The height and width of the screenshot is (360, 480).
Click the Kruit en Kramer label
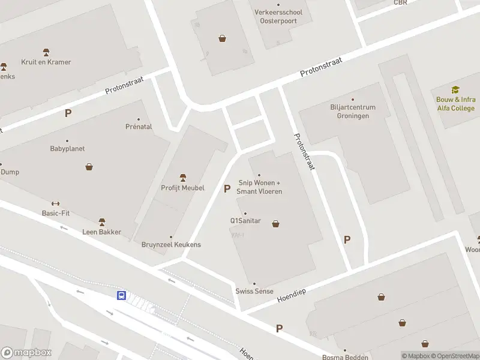click(46, 62)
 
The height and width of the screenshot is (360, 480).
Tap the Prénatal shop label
click(139, 127)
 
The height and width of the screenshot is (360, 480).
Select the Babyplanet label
click(67, 148)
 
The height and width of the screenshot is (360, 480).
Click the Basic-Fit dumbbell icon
click(56, 203)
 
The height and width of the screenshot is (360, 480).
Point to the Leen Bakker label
click(102, 232)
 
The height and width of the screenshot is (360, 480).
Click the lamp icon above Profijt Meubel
click(183, 178)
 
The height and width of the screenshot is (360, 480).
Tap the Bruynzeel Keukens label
click(171, 245)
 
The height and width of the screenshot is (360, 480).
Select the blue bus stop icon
click(121, 295)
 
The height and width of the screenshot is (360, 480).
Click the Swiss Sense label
click(254, 291)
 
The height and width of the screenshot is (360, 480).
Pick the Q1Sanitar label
click(245, 221)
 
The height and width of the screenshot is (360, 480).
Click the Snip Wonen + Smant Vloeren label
click(260, 187)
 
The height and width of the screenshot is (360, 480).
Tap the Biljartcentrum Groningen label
click(352, 112)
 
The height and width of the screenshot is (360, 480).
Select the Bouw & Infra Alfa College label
click(455, 104)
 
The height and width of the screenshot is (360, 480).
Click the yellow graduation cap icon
click(455, 89)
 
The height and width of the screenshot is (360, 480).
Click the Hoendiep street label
click(292, 294)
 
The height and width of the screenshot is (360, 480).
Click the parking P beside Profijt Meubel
click(227, 188)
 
